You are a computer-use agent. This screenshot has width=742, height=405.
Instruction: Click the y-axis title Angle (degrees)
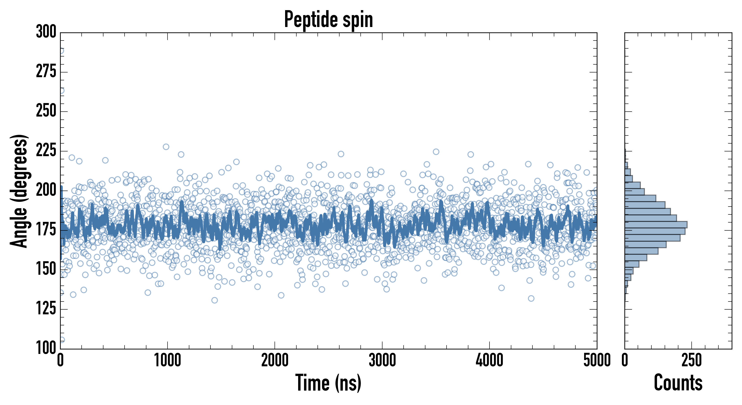pos(19,191)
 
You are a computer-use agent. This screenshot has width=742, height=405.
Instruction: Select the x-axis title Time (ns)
pos(328,383)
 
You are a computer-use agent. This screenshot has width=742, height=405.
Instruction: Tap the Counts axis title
pos(678,383)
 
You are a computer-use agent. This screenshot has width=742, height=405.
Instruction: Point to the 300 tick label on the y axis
pos(46,32)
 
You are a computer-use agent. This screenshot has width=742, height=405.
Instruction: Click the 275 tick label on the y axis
pos(46,72)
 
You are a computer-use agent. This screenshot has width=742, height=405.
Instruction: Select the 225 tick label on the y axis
pos(46,151)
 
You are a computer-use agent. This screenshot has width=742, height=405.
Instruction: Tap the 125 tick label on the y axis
pos(46,309)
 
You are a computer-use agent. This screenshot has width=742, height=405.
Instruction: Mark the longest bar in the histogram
pos(656,225)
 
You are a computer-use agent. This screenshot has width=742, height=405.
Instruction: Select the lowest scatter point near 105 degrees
pos(62,340)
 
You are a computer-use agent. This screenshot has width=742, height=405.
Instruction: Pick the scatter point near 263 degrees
pos(61,90)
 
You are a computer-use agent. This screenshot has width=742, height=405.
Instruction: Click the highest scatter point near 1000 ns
pos(166,147)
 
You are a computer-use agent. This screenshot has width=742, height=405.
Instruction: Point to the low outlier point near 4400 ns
pos(531,298)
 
